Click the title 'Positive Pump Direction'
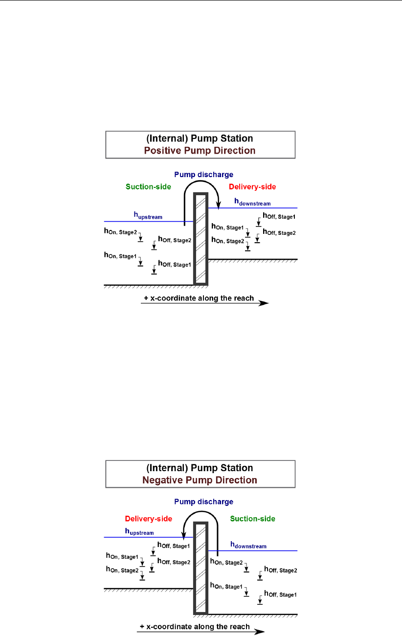point(200,150)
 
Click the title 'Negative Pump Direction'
point(200,479)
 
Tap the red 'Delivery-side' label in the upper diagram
point(252,186)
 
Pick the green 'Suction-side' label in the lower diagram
point(252,518)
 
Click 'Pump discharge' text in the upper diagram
point(209,174)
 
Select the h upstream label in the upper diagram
point(148,215)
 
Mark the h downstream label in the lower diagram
point(248,545)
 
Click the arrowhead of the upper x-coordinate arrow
point(264,303)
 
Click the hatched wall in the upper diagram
point(201,240)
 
